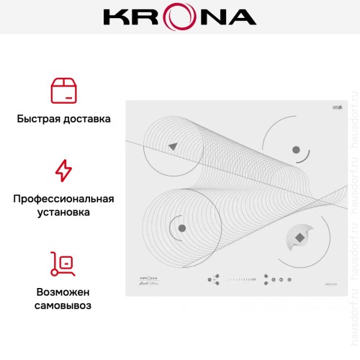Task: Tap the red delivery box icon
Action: pos(63,91)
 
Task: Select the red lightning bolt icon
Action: pos(63,171)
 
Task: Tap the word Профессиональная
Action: pos(63,198)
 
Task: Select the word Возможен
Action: pos(63,292)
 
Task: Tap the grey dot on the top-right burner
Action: pos(295,149)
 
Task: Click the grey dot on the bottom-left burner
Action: pos(180,228)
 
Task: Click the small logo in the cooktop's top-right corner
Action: pos(337,109)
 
